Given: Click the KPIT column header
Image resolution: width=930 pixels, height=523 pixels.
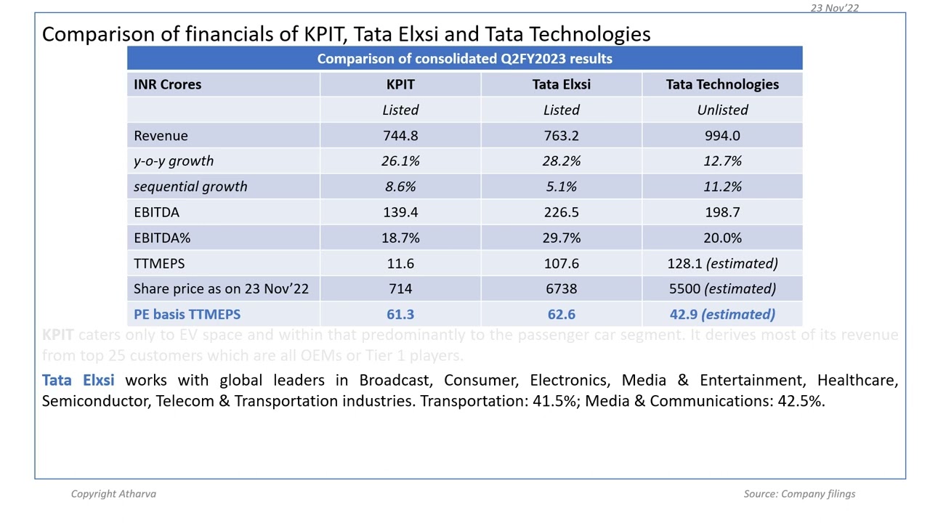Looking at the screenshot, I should [x=400, y=84].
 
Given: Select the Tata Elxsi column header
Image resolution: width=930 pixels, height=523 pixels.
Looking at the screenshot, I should [x=561, y=84].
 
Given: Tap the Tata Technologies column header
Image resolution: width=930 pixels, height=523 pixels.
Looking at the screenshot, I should [x=722, y=84].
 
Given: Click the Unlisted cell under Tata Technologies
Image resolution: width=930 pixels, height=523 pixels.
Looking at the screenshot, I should [x=722, y=110].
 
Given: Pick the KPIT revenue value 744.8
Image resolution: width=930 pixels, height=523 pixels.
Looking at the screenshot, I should [x=400, y=136].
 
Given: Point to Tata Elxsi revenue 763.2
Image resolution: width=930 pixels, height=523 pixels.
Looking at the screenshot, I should [x=561, y=136].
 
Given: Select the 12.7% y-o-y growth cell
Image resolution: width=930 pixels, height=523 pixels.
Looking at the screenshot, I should [x=722, y=161].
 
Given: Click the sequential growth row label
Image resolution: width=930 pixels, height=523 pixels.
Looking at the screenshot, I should [x=190, y=187].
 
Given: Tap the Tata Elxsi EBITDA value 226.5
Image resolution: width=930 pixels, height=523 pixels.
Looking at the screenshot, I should [x=561, y=212].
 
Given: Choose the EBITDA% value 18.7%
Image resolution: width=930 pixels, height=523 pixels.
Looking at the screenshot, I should [x=400, y=238].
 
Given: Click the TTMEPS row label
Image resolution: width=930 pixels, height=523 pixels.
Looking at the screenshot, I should [x=159, y=264].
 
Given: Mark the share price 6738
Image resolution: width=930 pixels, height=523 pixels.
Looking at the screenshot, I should [x=561, y=289].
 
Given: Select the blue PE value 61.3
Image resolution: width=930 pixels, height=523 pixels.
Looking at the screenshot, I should [x=400, y=315].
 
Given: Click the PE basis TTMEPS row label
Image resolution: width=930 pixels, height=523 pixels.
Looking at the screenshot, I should [x=187, y=315].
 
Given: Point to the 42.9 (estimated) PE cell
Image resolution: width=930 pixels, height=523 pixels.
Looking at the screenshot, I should [x=722, y=315].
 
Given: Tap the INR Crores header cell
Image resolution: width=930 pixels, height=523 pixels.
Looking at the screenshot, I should [x=167, y=84].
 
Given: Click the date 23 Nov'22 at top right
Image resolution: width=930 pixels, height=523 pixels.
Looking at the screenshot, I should [x=834, y=8].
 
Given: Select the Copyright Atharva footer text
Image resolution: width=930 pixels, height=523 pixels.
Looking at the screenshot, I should [x=113, y=494].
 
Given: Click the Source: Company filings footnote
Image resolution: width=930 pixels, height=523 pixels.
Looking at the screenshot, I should [x=799, y=494].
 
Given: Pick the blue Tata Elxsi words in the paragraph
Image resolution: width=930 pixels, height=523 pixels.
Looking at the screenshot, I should [x=78, y=380].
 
